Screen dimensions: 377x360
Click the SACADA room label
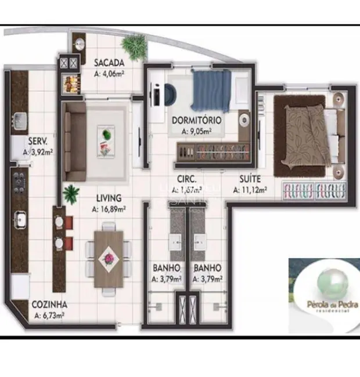click(x=109, y=63)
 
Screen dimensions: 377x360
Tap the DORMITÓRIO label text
click(x=196, y=121)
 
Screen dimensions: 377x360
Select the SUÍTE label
click(x=250, y=179)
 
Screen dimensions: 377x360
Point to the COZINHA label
click(x=49, y=304)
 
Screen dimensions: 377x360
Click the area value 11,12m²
click(x=250, y=190)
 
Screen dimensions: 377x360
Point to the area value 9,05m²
click(x=196, y=131)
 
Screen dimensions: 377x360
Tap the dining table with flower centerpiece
click(x=107, y=256)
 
